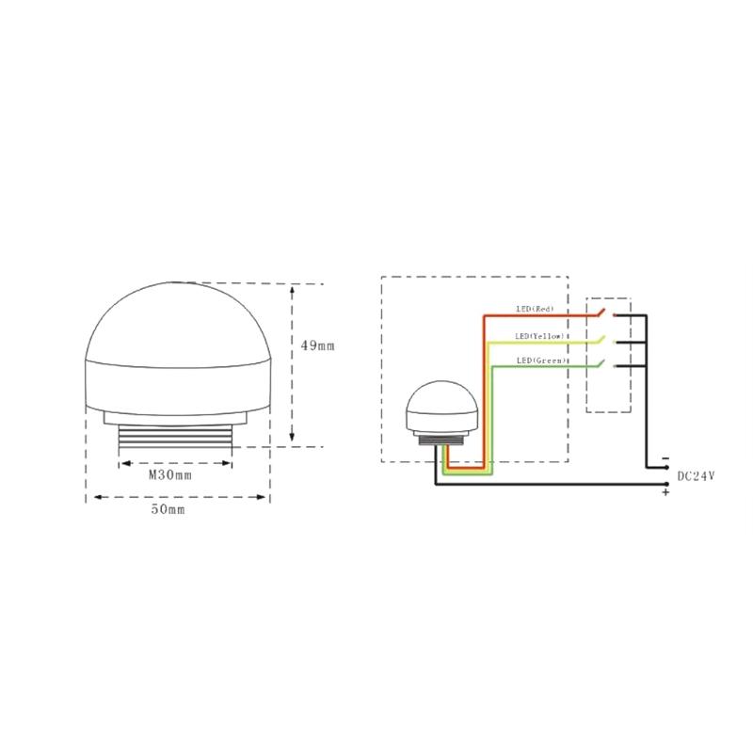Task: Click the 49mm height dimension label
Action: (317, 345)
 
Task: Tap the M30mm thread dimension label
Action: (170, 475)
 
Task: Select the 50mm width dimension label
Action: (168, 509)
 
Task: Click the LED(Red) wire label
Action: (535, 309)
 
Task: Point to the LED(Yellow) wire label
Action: (539, 336)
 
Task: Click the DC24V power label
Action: (696, 476)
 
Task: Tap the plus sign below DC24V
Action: (665, 492)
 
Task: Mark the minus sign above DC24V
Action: (665, 458)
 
